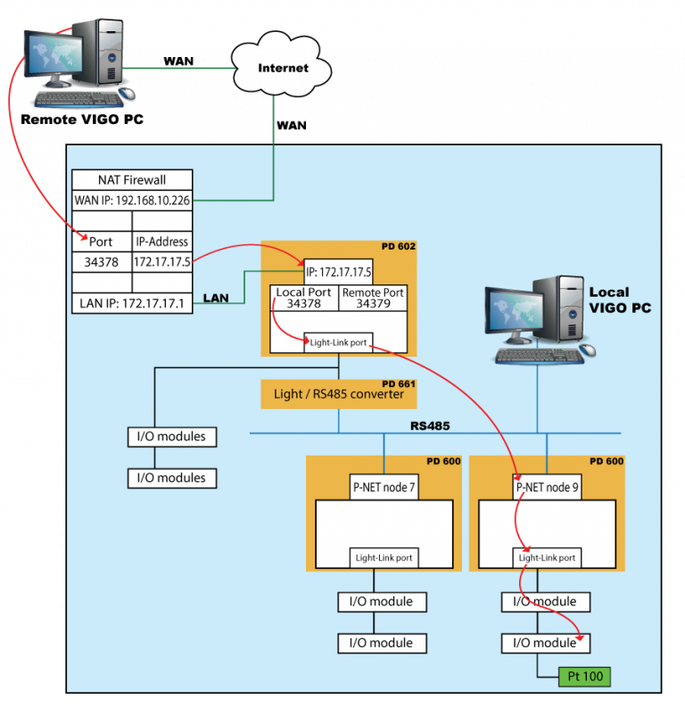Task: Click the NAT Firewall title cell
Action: coord(131,179)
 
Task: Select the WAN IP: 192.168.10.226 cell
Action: coord(131,201)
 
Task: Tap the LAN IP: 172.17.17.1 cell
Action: coord(131,304)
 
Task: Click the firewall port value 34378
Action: coord(101,262)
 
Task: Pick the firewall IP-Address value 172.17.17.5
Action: coord(161,262)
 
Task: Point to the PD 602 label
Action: coord(398,246)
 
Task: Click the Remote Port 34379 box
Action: coord(373,298)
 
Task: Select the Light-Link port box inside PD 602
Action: coord(338,341)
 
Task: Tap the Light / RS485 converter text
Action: coord(339,394)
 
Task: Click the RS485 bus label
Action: coord(430,425)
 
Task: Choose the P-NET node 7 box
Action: coord(383,487)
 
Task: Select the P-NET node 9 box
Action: coord(545,487)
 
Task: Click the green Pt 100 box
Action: coord(584,677)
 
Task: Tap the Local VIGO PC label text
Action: coord(620,300)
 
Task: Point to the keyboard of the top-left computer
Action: coord(78,100)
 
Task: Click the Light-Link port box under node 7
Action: coord(384,557)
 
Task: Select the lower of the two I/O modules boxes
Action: coord(172,478)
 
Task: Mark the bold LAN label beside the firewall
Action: coord(216,298)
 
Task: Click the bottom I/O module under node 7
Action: coord(382,643)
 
